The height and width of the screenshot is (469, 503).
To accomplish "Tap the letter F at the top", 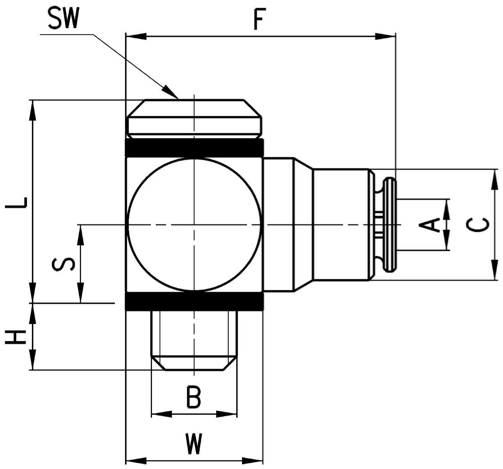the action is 259,19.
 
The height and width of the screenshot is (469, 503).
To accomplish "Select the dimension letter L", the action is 16,202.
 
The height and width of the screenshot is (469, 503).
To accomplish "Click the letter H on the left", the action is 16,337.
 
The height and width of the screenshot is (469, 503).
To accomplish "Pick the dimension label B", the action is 193,397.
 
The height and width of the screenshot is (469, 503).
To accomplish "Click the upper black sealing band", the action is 195,148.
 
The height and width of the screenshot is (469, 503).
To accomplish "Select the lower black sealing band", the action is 195,301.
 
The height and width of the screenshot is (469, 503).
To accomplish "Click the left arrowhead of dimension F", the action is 136,36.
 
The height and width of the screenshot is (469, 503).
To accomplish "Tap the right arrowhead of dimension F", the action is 385,36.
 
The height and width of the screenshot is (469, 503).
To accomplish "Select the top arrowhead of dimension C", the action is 494,179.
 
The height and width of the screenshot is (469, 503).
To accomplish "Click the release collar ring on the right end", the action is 390,225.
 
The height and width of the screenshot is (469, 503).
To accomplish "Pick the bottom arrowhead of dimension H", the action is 33,360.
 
